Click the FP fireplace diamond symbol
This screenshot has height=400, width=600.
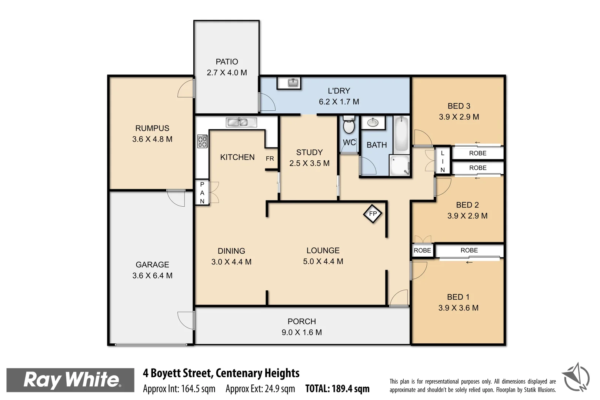click(x=373, y=214)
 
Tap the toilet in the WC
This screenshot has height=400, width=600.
click(x=349, y=125)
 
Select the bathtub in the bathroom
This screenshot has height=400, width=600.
click(x=401, y=134)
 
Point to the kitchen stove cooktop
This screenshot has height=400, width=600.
click(x=202, y=141)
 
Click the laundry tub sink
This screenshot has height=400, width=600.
click(x=293, y=83)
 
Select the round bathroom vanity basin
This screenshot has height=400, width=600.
click(x=373, y=123)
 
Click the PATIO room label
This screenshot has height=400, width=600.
click(x=227, y=62)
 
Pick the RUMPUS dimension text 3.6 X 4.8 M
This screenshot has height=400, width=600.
click(x=152, y=139)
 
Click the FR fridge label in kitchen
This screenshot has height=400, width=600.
click(x=270, y=159)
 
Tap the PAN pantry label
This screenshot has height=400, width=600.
click(x=202, y=193)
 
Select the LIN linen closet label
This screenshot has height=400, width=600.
click(x=442, y=161)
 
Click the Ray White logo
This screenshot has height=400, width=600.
click(x=70, y=380)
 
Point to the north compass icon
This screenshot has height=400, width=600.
click(x=576, y=377)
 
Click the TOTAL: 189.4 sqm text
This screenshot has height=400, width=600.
click(x=337, y=389)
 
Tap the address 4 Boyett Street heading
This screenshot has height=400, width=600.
click(x=221, y=373)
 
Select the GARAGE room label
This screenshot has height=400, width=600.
click(x=152, y=264)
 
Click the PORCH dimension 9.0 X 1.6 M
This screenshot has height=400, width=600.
click(x=301, y=332)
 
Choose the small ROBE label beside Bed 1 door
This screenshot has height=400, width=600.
click(x=422, y=250)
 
